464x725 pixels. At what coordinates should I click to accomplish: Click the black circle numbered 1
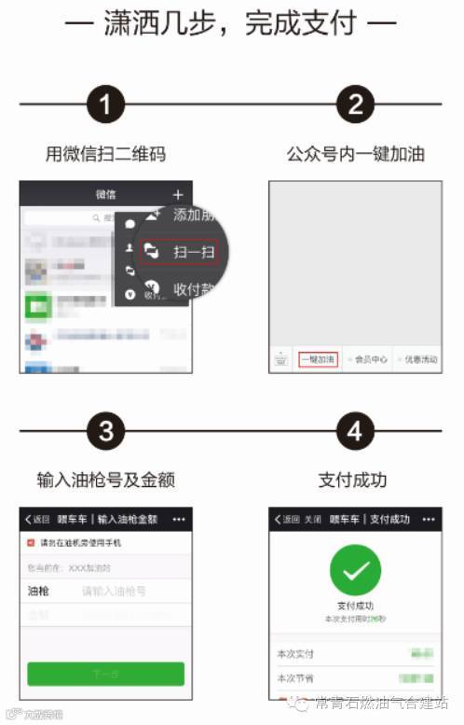106,105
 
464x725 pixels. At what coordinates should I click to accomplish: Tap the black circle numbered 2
355,105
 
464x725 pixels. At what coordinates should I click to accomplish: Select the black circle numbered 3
106,432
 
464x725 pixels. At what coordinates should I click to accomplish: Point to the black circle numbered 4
355,432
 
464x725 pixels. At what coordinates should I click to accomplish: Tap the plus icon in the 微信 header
178,195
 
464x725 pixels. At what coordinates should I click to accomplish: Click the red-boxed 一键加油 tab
318,359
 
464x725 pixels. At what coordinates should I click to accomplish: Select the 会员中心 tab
369,359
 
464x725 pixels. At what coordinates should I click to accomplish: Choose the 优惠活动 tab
418,359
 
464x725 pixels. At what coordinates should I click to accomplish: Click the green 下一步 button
105,674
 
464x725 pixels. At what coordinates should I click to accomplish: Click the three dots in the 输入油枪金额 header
179,519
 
